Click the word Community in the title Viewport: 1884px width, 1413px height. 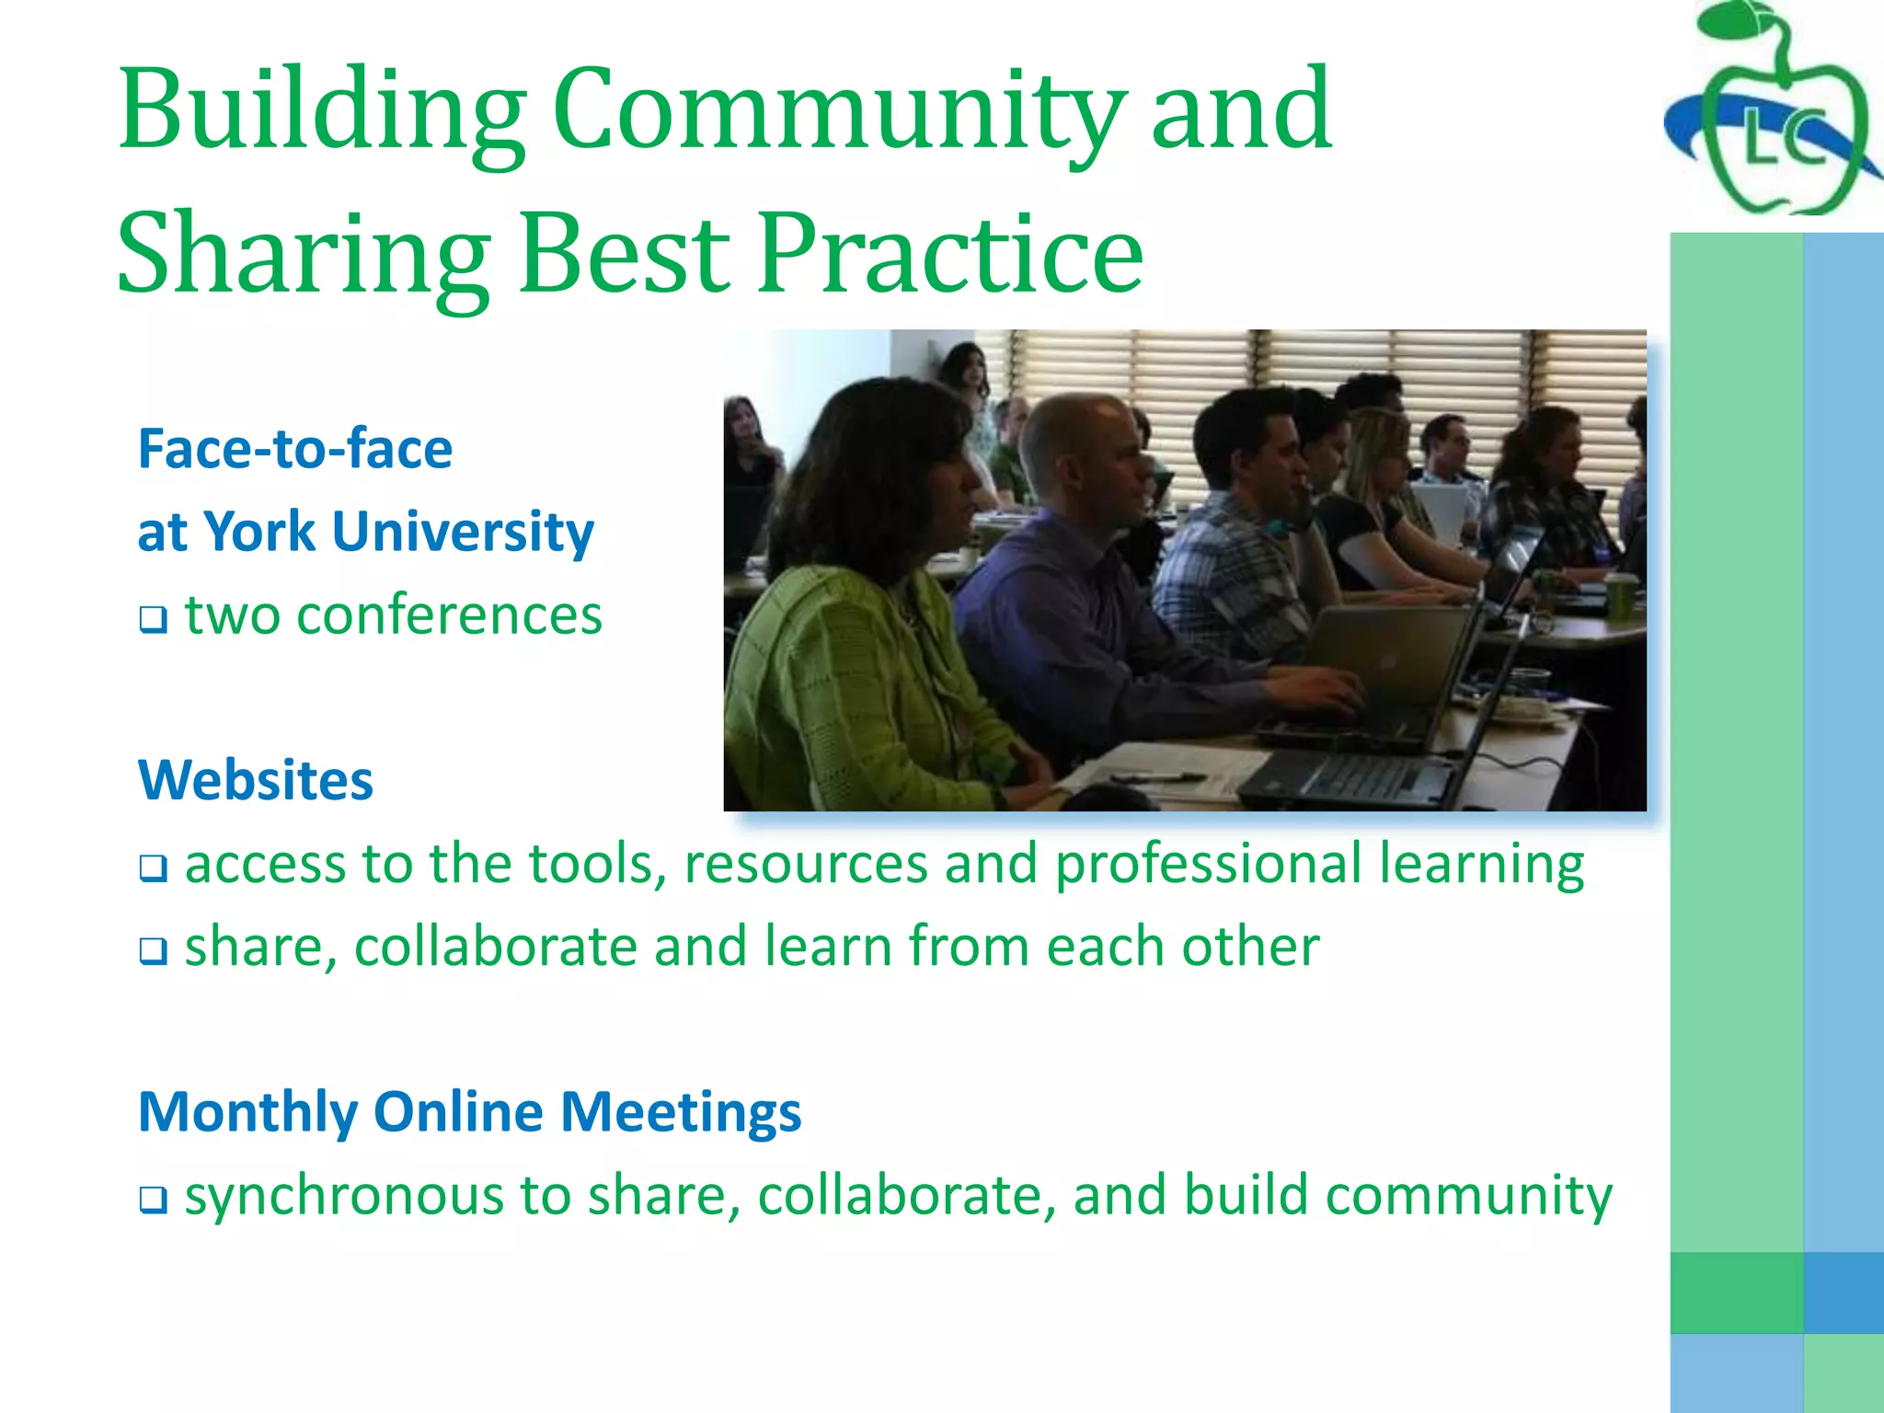coord(840,112)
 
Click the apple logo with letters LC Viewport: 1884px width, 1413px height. coord(1776,115)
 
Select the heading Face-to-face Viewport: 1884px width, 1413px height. coord(295,450)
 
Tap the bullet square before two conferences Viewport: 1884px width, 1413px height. coord(154,619)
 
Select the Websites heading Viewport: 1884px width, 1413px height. coord(256,781)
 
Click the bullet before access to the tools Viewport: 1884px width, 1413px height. coord(154,867)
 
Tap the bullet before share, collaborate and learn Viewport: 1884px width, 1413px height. coord(154,950)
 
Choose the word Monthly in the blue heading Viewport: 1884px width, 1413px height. coord(247,1112)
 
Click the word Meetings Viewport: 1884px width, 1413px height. coord(681,1112)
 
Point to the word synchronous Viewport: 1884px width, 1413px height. coord(345,1196)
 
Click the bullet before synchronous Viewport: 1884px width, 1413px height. coord(154,1199)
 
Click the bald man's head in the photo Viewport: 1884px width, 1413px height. coord(1076,442)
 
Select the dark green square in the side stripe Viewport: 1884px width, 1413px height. coord(1737,1292)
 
